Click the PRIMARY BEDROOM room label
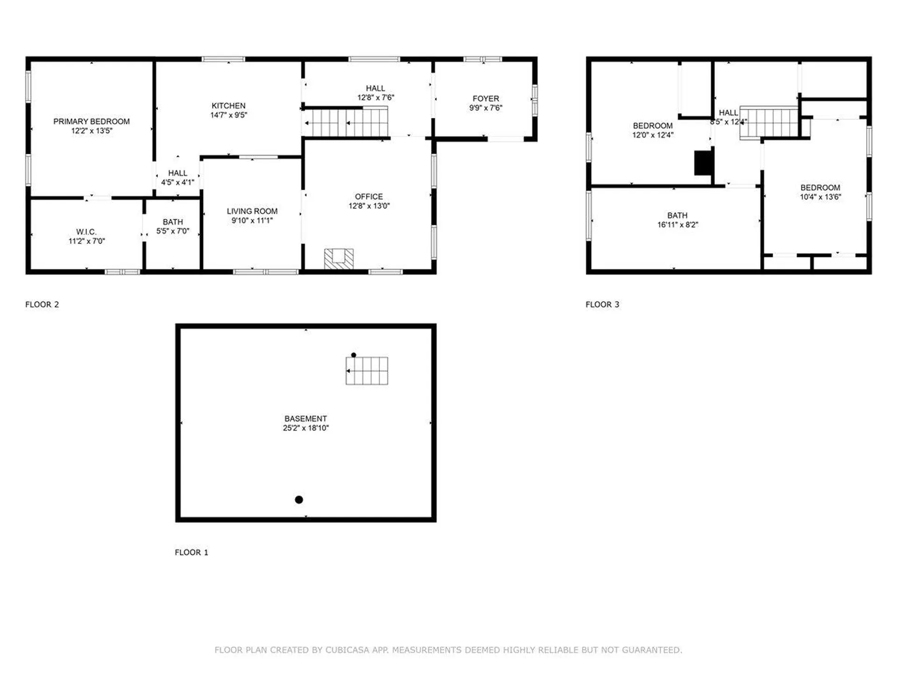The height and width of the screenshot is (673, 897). pyautogui.click(x=92, y=122)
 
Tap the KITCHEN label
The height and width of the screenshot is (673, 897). pyautogui.click(x=228, y=106)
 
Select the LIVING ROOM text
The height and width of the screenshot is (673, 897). pyautogui.click(x=252, y=211)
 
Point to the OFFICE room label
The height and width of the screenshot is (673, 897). pyautogui.click(x=369, y=197)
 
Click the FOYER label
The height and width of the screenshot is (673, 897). pyautogui.click(x=486, y=99)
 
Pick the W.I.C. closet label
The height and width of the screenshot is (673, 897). pyautogui.click(x=86, y=232)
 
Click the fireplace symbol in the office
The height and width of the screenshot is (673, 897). pyautogui.click(x=339, y=259)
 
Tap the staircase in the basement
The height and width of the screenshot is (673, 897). pyautogui.click(x=367, y=371)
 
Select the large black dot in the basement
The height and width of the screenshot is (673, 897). pyautogui.click(x=299, y=500)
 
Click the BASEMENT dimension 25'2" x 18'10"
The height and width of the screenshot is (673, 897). pyautogui.click(x=306, y=428)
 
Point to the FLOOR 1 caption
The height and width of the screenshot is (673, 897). pyautogui.click(x=192, y=552)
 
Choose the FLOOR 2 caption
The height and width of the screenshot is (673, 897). pyautogui.click(x=42, y=305)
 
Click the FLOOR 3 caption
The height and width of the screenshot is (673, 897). pyautogui.click(x=602, y=305)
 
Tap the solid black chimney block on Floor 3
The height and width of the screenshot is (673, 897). pyautogui.click(x=703, y=163)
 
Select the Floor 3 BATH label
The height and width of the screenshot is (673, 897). pyautogui.click(x=677, y=215)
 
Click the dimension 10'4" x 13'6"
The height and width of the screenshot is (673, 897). pyautogui.click(x=820, y=197)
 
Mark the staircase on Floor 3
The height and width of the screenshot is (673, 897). pyautogui.click(x=769, y=123)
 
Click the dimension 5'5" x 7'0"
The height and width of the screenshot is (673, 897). pyautogui.click(x=173, y=231)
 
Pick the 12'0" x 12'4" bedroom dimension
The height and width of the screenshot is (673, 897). pyautogui.click(x=653, y=135)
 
